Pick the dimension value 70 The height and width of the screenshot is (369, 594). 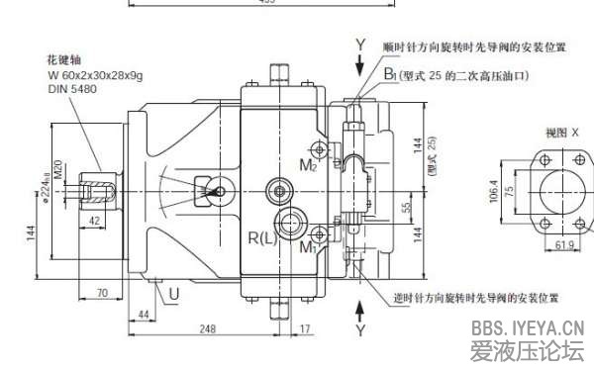click(x=101, y=293)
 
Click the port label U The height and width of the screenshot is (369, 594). click(x=174, y=294)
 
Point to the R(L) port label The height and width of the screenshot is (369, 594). click(x=262, y=238)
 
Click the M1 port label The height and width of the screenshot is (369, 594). click(x=309, y=247)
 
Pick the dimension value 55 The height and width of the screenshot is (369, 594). click(x=405, y=208)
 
